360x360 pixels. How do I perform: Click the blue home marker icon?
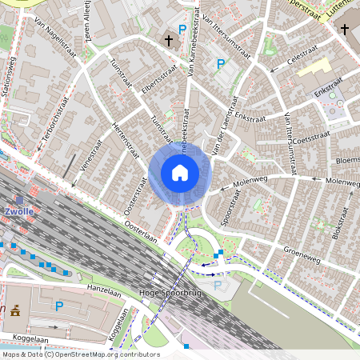click(x=180, y=173)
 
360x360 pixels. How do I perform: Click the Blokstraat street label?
click(x=342, y=224)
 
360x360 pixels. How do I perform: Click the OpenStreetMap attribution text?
click(x=81, y=354)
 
